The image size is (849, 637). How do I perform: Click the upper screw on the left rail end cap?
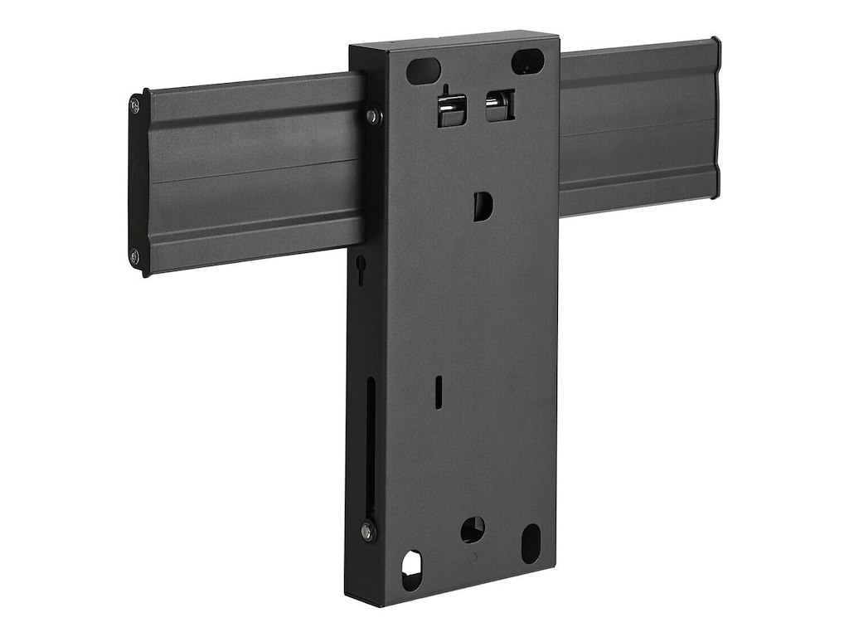tap(135, 105)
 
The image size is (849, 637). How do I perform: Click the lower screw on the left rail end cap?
tap(134, 255)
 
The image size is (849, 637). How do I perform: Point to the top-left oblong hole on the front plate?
tap(422, 67)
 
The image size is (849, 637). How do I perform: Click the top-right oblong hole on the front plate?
tap(526, 61)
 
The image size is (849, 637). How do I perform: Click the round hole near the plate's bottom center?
tap(472, 528)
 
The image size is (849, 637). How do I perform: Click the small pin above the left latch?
tap(445, 90)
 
